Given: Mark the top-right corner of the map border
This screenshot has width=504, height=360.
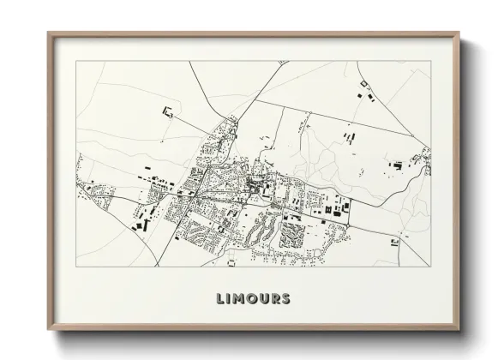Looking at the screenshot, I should (x=430, y=61).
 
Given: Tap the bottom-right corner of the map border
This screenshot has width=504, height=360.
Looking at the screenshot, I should (x=430, y=266).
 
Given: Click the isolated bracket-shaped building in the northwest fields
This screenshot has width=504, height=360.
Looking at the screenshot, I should (x=167, y=111).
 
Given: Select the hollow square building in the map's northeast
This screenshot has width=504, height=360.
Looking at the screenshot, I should (x=364, y=82).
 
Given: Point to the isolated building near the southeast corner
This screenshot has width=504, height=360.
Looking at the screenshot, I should (x=394, y=243).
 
